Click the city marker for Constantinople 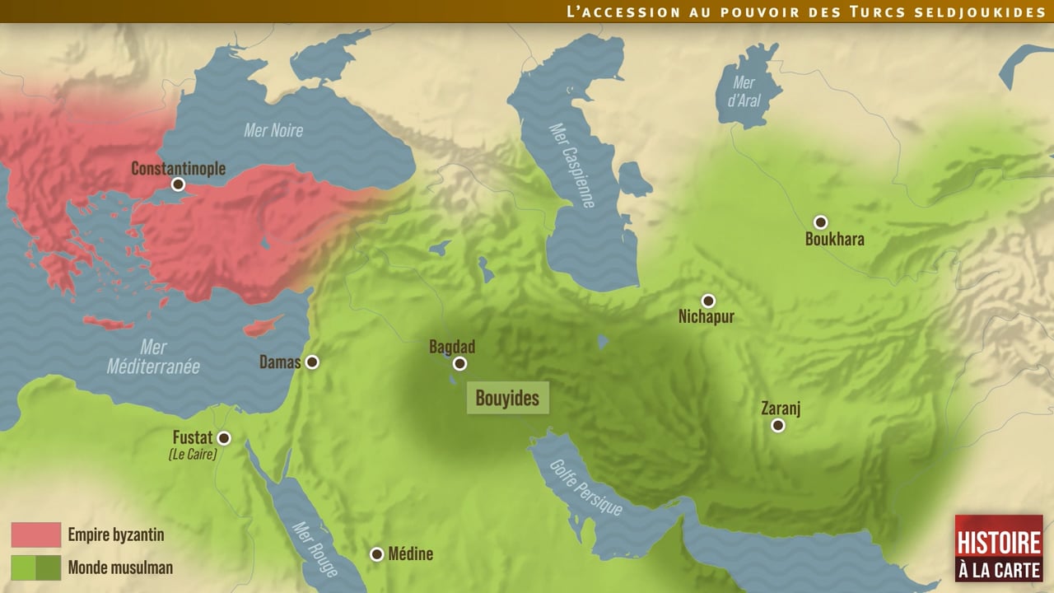pyautogui.click(x=178, y=184)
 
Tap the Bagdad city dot pyautogui.click(x=460, y=363)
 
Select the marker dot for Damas pyautogui.click(x=312, y=362)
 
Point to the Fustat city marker pyautogui.click(x=223, y=438)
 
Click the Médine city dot pyautogui.click(x=376, y=554)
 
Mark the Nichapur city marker pyautogui.click(x=708, y=301)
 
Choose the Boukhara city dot pyautogui.click(x=820, y=222)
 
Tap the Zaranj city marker pyautogui.click(x=777, y=425)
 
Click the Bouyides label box pyautogui.click(x=507, y=399)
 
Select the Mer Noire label pyautogui.click(x=273, y=130)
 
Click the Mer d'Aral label pyautogui.click(x=744, y=92)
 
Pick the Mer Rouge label pyautogui.click(x=314, y=548)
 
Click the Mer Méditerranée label pyautogui.click(x=153, y=357)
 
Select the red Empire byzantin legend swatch pyautogui.click(x=35, y=535)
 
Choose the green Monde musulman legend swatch pyautogui.click(x=35, y=567)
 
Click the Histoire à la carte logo pyautogui.click(x=999, y=548)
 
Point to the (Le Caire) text pyautogui.click(x=192, y=454)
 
